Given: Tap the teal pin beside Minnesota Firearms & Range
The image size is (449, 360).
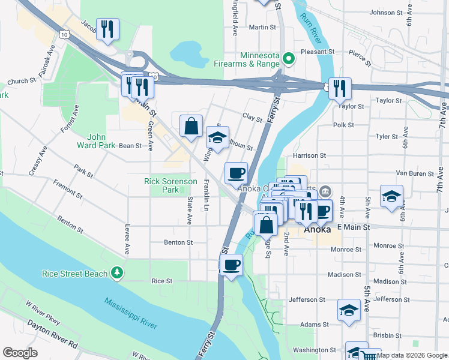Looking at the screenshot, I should click(x=288, y=59).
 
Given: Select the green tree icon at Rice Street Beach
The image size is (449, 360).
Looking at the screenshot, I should click(x=118, y=274).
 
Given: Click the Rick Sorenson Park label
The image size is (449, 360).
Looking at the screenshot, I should click(x=170, y=185).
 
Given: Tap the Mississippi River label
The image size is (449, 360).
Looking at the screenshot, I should click(x=130, y=314).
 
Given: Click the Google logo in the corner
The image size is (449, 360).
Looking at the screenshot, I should click(x=20, y=353).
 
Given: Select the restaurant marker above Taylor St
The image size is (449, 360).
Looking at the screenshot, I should click(x=340, y=88).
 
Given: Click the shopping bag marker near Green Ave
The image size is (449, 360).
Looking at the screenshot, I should click(x=191, y=126).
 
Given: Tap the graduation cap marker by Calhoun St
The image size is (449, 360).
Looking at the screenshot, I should click(x=217, y=137).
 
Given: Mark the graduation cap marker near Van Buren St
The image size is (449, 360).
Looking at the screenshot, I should click(x=391, y=196).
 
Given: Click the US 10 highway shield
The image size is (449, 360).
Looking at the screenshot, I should click(x=64, y=35).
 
